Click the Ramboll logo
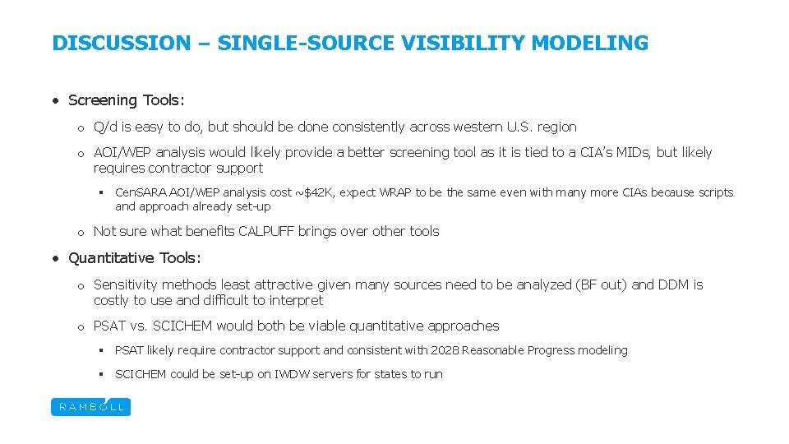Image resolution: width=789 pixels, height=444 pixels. (90, 406)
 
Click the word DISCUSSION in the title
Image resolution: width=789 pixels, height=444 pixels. (121, 43)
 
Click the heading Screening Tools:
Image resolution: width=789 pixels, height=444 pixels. (127, 100)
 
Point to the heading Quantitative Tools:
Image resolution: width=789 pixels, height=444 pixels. (134, 258)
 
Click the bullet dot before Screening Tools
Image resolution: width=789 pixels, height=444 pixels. (54, 100)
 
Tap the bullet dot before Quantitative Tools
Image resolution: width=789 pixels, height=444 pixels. (54, 258)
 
